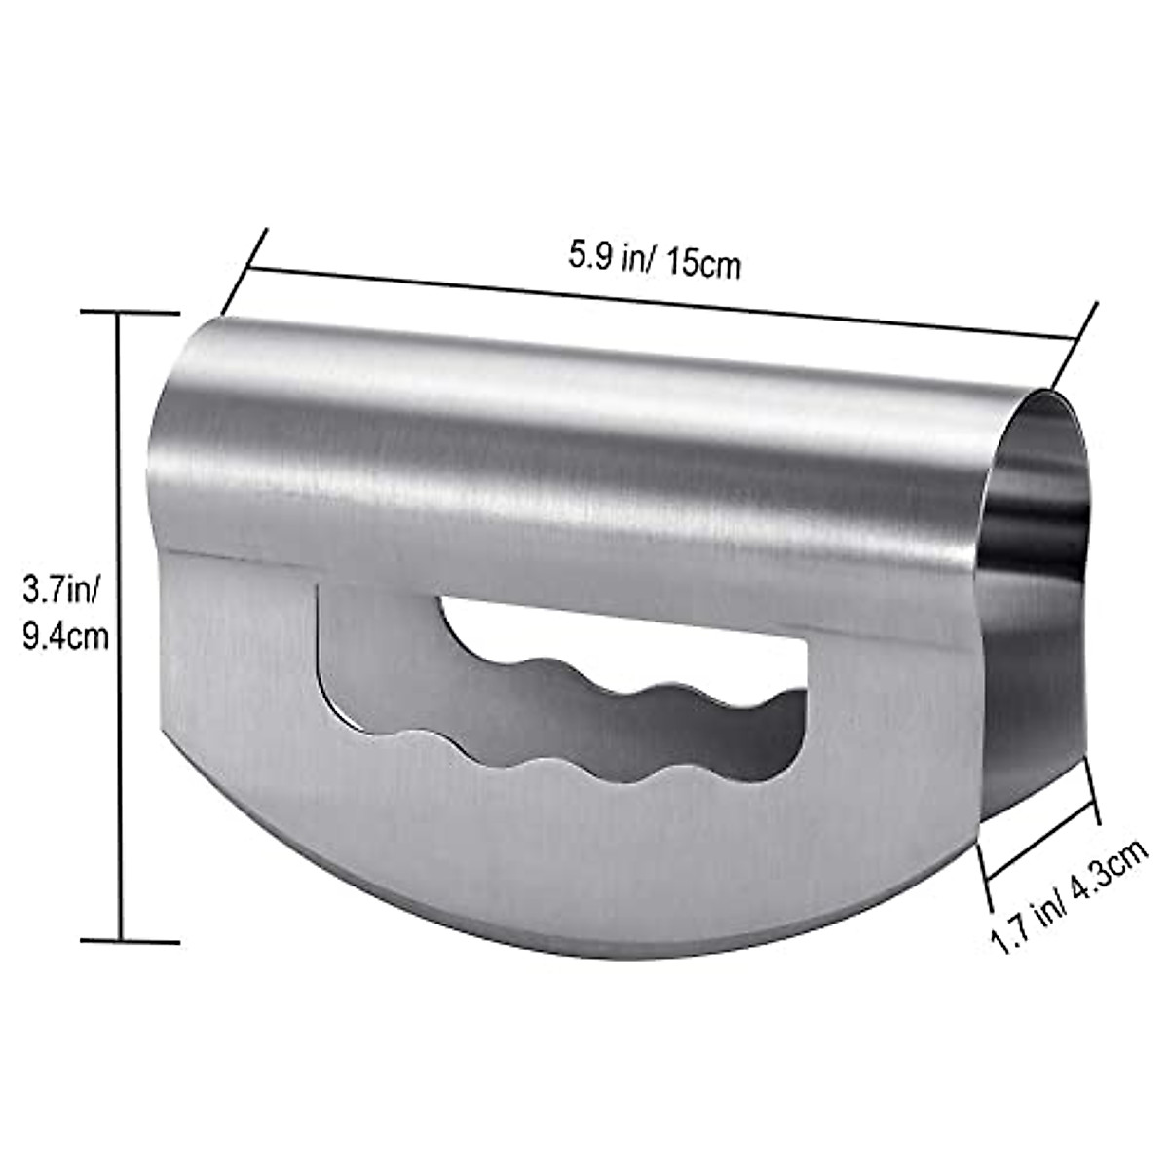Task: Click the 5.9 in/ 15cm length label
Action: [x=655, y=260]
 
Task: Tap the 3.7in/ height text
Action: [x=59, y=589]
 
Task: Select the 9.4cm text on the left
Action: [x=64, y=636]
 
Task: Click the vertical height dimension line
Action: [x=122, y=623]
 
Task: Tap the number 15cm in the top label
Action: [x=704, y=265]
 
